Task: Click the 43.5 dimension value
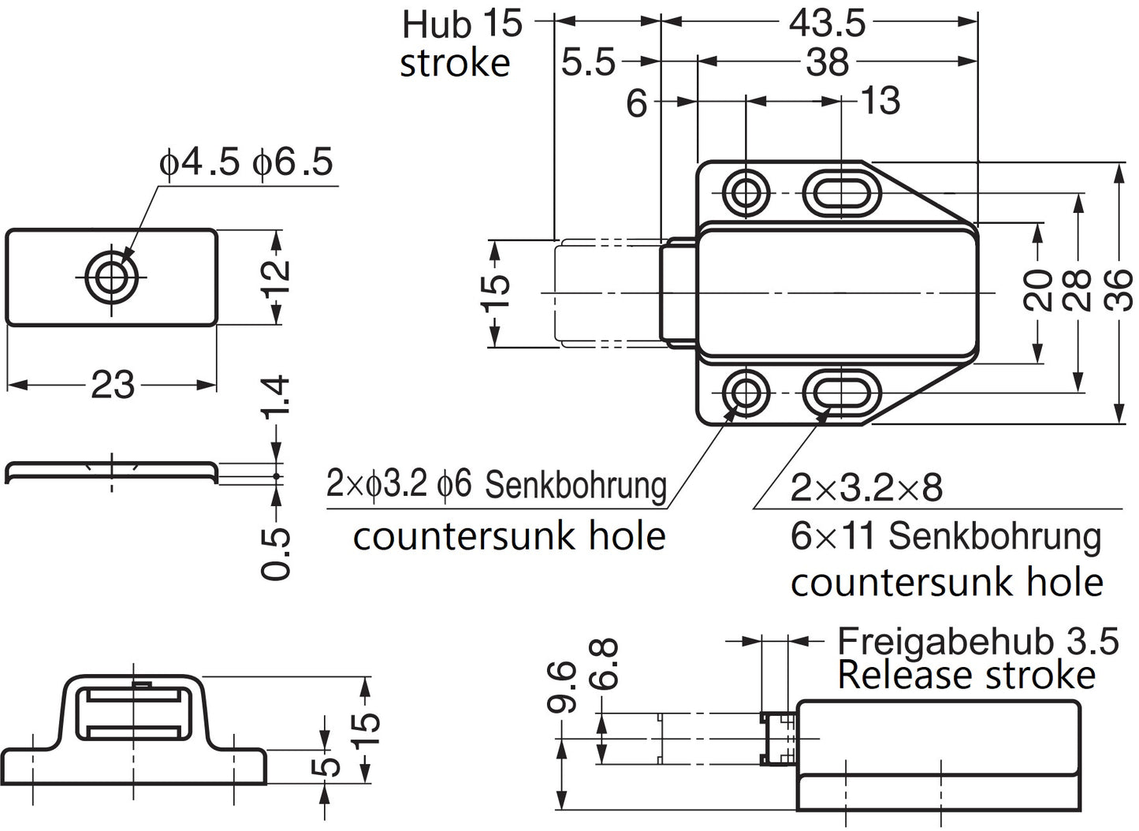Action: [827, 24]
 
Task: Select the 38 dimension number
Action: [827, 61]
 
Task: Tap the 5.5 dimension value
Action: [588, 61]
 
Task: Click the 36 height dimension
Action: [1119, 289]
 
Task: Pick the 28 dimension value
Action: [1078, 289]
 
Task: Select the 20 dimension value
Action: [1040, 289]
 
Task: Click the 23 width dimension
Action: [113, 386]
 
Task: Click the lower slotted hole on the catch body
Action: [842, 392]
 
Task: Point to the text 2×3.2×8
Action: [866, 489]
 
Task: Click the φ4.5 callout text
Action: [199, 162]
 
